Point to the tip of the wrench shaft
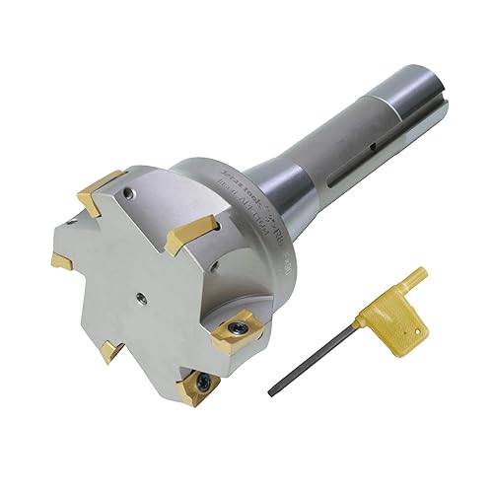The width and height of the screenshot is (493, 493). [272, 392]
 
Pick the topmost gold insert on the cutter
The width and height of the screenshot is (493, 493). [102, 187]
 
